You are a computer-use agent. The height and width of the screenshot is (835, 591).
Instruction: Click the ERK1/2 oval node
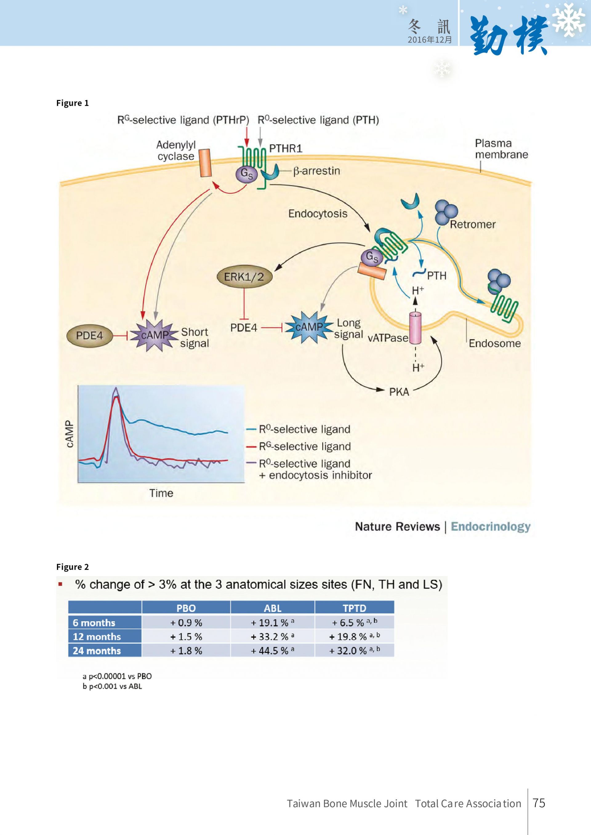click(244, 277)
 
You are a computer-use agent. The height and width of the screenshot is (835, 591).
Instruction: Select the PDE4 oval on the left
click(90, 335)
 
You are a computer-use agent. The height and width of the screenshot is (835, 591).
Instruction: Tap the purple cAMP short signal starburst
click(154, 335)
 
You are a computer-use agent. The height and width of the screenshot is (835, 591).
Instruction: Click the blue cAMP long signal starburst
click(309, 327)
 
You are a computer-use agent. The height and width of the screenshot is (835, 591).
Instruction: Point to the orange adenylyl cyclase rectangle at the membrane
click(206, 163)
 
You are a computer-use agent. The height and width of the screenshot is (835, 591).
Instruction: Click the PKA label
click(399, 392)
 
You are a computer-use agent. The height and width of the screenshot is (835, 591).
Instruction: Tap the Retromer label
click(473, 225)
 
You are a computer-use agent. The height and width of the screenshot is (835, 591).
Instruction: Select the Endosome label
click(495, 343)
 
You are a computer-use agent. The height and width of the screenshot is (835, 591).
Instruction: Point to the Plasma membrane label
click(501, 149)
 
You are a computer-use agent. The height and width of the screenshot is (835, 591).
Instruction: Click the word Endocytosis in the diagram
click(318, 213)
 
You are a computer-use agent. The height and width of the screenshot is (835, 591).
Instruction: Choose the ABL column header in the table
click(273, 608)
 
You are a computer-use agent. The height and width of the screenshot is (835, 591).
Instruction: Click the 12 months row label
click(97, 636)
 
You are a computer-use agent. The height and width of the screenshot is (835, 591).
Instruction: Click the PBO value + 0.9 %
click(186, 622)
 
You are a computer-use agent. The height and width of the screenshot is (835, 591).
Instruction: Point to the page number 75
click(539, 803)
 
